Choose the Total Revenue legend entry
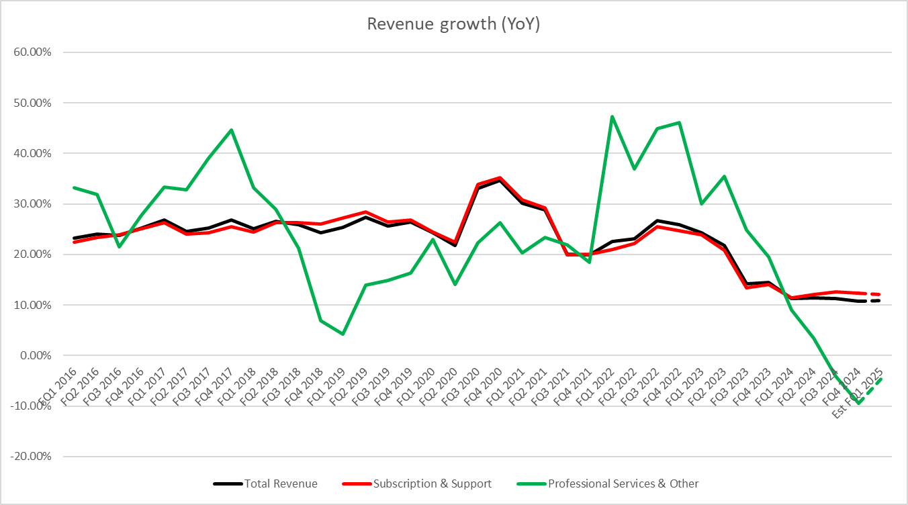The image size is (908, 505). point(265,484)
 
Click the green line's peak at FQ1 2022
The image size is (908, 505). point(612,116)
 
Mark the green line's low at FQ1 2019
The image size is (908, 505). point(343,334)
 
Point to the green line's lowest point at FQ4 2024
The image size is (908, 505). point(860,403)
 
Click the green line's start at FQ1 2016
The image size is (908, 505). point(73,187)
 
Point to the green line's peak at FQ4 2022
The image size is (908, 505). point(680,122)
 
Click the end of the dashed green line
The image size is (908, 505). point(882,378)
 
